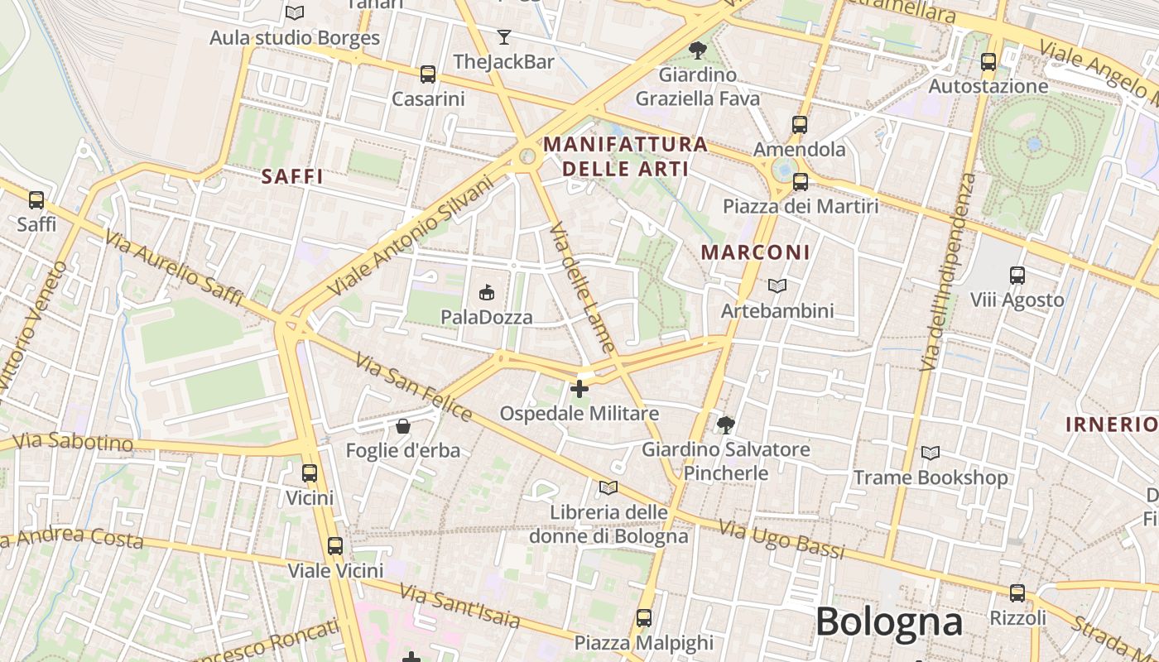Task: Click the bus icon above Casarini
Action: [427, 74]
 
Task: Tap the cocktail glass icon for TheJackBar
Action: [503, 36]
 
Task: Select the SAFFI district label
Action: [292, 176]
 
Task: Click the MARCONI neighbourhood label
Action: [756, 252]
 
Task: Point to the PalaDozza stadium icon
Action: [486, 292]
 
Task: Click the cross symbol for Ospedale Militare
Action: [579, 388]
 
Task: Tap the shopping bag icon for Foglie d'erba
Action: [402, 426]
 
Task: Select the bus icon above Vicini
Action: [310, 473]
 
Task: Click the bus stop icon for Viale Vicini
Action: [334, 546]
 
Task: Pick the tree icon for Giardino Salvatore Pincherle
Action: [726, 425]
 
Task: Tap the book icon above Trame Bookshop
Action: [931, 453]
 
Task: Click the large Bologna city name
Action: [889, 621]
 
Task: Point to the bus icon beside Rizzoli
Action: [1017, 593]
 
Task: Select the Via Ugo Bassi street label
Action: [781, 539]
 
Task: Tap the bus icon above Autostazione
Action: [988, 61]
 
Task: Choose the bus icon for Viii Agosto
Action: [1017, 276]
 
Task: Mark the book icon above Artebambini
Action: [777, 286]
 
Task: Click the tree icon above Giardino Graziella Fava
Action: [698, 50]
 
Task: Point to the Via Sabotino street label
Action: [74, 442]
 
